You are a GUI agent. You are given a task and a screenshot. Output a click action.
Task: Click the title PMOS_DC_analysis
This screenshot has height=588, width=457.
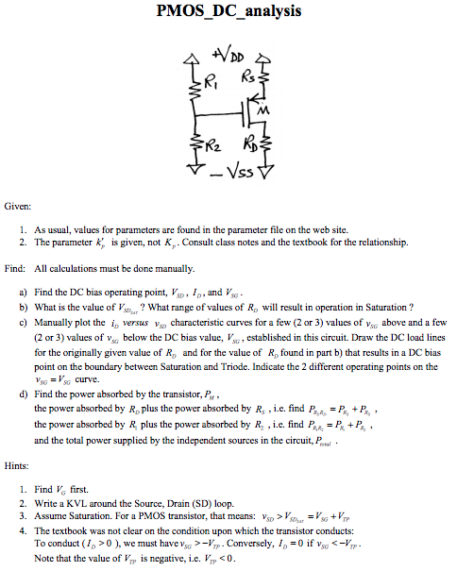point(229,11)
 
